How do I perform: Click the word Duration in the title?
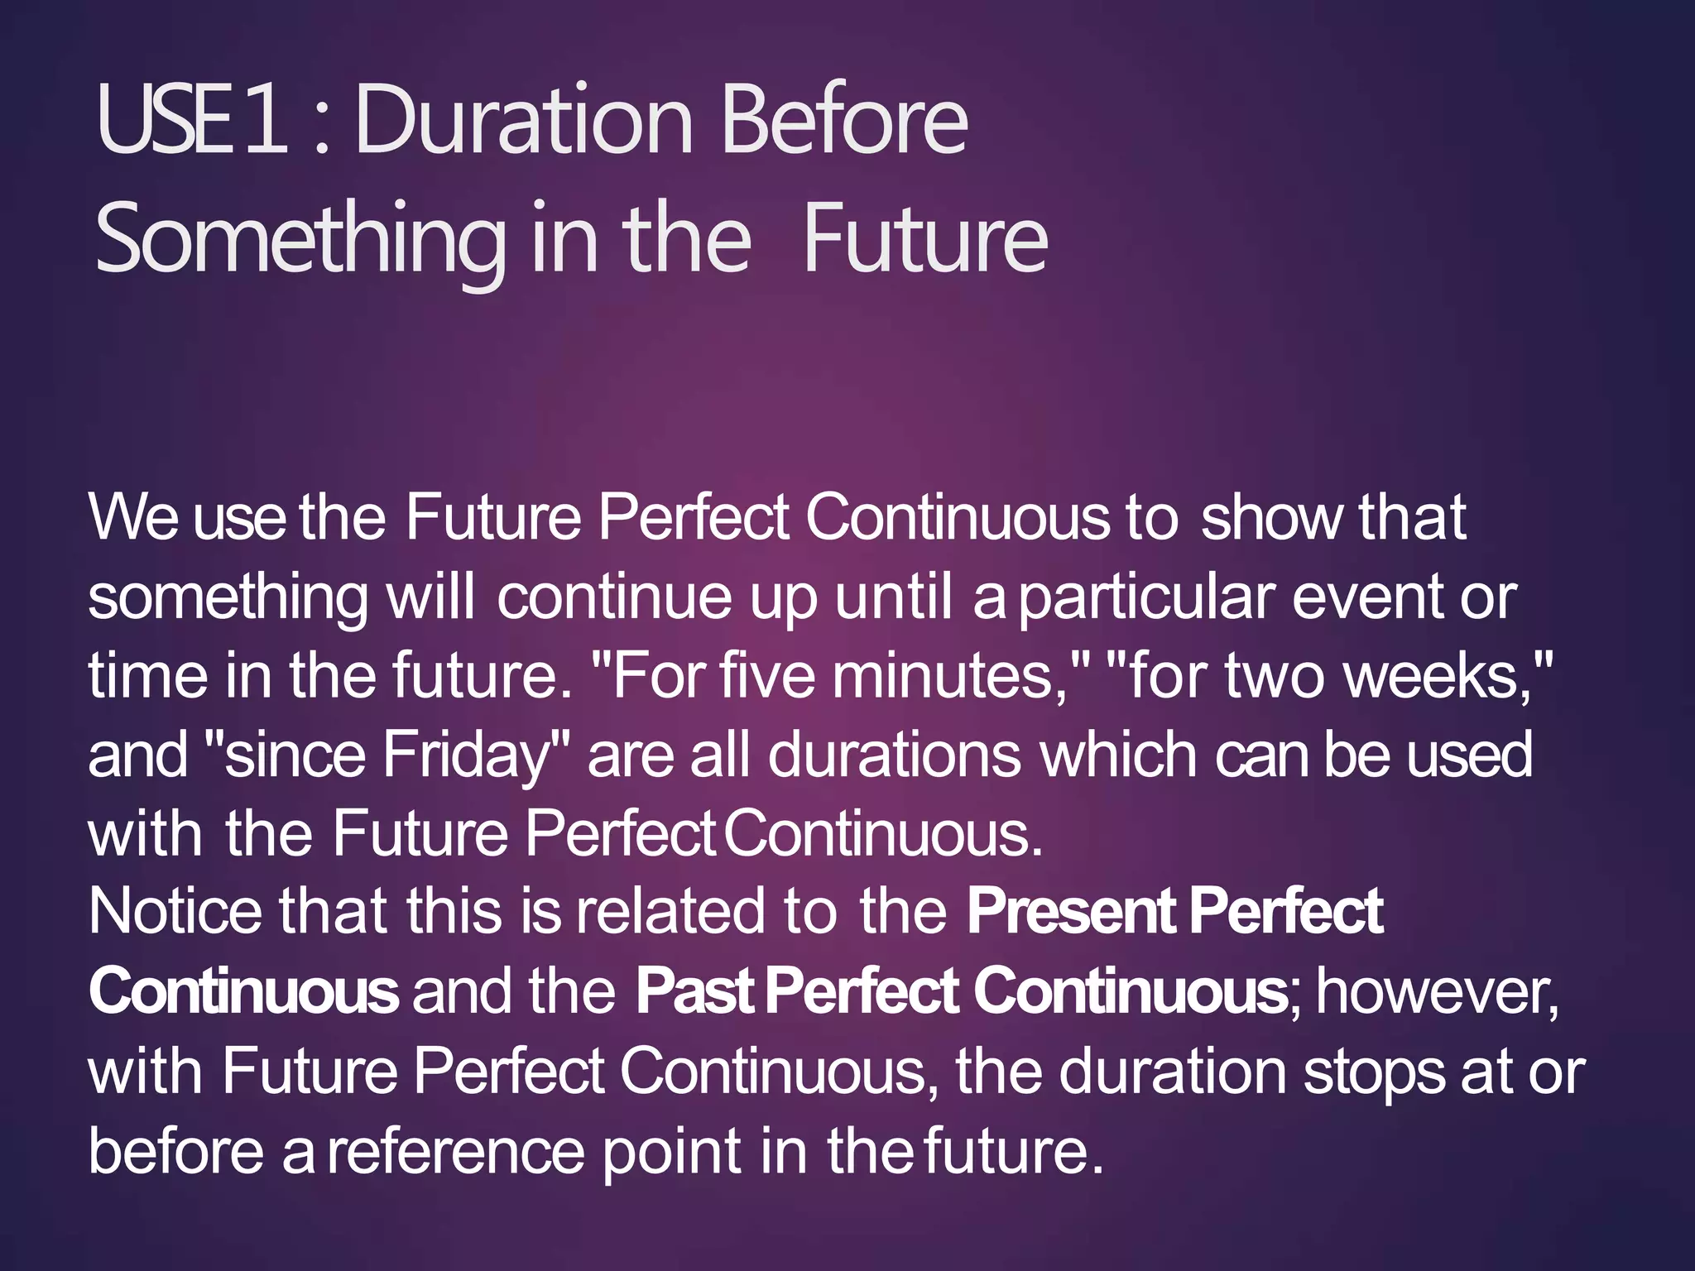tap(523, 121)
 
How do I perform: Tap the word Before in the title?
tap(844, 121)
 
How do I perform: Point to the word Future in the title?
tap(924, 240)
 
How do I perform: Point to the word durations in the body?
tap(894, 755)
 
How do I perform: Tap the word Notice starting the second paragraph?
tap(175, 911)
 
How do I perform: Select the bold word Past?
tap(694, 990)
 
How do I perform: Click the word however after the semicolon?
tap(1436, 990)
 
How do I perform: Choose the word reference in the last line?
tap(455, 1151)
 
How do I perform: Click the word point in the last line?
tap(671, 1151)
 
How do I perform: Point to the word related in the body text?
tap(670, 911)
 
